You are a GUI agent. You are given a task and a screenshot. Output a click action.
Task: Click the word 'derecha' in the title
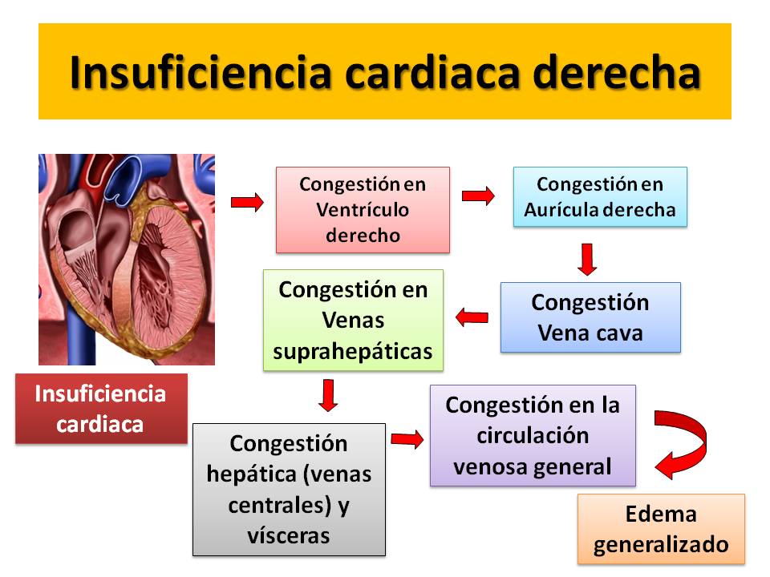pyautogui.click(x=616, y=73)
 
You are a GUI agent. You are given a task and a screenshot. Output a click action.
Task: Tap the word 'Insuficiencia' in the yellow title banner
pyautogui.click(x=201, y=73)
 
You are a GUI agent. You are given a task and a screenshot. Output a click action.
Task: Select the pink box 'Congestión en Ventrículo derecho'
pyautogui.click(x=363, y=210)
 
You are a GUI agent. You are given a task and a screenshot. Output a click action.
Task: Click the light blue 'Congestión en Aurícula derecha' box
pyautogui.click(x=600, y=197)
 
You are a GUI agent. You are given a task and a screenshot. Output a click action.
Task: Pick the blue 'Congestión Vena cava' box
pyautogui.click(x=591, y=317)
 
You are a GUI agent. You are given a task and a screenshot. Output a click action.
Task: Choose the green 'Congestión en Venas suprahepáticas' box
pyautogui.click(x=353, y=320)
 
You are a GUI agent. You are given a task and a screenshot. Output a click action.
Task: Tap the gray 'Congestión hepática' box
pyautogui.click(x=290, y=490)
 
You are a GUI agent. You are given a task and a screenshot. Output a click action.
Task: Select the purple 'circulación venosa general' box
pyautogui.click(x=533, y=436)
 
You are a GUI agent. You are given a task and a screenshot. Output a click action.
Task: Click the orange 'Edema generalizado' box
pyautogui.click(x=661, y=529)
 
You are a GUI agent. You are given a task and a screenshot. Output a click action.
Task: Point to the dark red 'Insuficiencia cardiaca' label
pyautogui.click(x=101, y=409)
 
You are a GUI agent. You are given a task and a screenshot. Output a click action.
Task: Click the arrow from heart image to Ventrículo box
pyautogui.click(x=247, y=202)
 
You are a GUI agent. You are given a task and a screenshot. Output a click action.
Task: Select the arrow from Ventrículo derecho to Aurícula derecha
pyautogui.click(x=478, y=196)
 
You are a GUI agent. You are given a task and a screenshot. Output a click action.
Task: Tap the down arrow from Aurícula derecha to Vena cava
pyautogui.click(x=587, y=259)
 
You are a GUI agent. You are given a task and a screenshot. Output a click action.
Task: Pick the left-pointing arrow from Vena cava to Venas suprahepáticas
pyautogui.click(x=472, y=317)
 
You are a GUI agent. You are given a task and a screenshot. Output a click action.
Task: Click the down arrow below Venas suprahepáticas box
pyautogui.click(x=328, y=395)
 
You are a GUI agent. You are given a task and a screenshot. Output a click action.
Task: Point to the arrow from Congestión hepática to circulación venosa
pyautogui.click(x=407, y=439)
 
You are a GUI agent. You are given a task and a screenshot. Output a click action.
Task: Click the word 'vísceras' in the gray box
pyautogui.click(x=289, y=535)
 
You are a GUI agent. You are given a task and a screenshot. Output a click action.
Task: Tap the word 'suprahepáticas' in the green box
pyautogui.click(x=353, y=352)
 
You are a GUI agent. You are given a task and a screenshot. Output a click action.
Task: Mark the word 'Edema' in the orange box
pyautogui.click(x=661, y=514)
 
